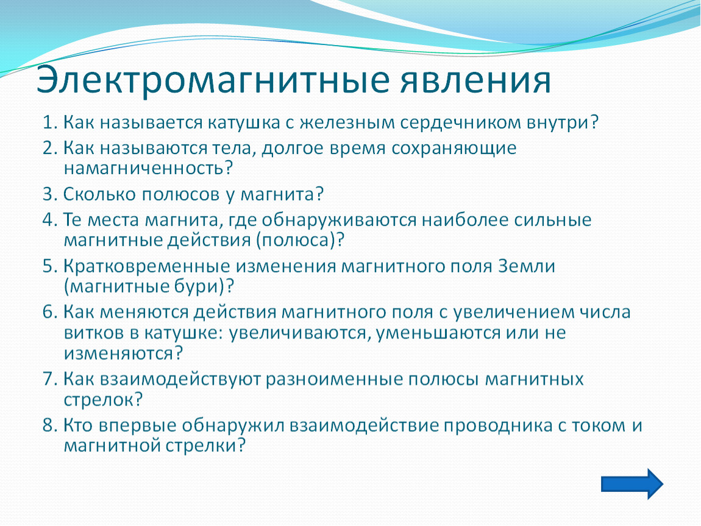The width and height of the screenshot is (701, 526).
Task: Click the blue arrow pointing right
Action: [x=632, y=484]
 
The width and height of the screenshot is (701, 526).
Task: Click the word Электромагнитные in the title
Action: [x=213, y=80]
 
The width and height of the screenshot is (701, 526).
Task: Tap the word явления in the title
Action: [x=475, y=80]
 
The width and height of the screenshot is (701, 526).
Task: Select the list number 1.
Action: [x=50, y=122]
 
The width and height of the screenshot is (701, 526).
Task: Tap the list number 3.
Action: [x=50, y=194]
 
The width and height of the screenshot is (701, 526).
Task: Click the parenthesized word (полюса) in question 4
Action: [x=296, y=240]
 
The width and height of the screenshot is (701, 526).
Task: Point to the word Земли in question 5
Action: [x=526, y=266]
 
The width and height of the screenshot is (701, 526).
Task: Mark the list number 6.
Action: [x=50, y=312]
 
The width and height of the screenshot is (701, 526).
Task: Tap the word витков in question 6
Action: [x=94, y=332]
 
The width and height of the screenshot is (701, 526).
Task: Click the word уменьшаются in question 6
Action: [x=438, y=332]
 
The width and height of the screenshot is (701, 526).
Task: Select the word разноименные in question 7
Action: [x=335, y=379]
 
